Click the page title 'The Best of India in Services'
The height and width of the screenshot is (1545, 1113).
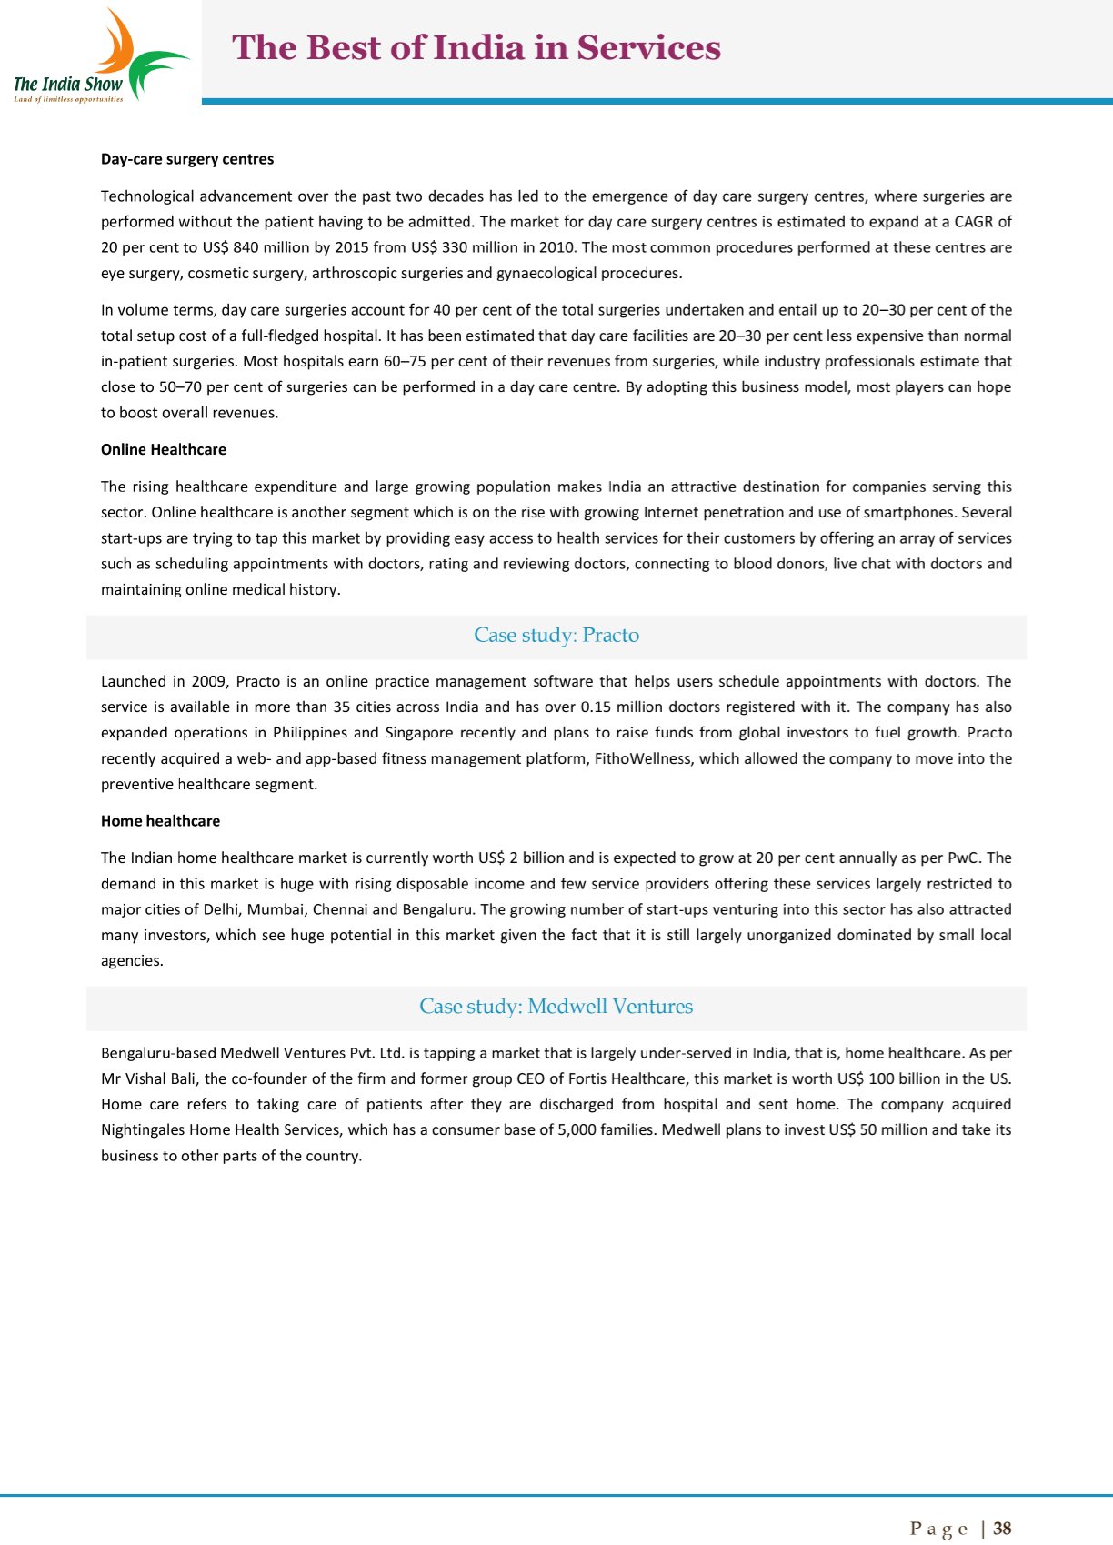(476, 47)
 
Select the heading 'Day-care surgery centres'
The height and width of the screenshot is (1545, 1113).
(187, 159)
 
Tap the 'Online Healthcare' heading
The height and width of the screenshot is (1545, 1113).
(164, 449)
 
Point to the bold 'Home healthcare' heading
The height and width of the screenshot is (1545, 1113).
(160, 820)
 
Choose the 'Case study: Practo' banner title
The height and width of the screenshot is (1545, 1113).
(556, 635)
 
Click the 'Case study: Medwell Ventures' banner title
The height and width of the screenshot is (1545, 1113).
(556, 1006)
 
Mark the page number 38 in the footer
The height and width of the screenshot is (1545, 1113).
(1002, 1529)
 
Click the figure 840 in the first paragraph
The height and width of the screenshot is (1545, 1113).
(246, 247)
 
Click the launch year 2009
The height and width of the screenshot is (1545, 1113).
(209, 681)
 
